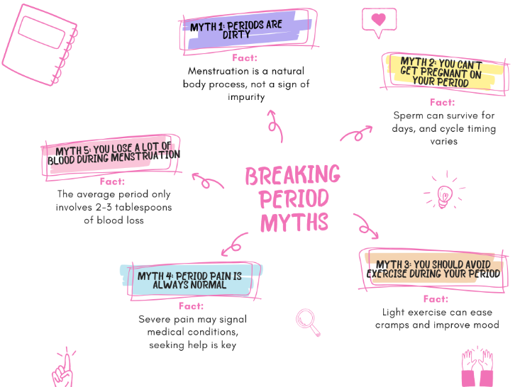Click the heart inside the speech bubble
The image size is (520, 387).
pos(379,19)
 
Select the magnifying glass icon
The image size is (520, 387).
pos(308,322)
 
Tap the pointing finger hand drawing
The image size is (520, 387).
pos(62,368)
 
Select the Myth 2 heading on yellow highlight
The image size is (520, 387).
pos(441,72)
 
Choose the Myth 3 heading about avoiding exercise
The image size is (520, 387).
pos(433,269)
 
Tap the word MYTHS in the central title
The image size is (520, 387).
pos(294,223)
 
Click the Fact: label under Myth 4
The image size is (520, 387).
pos(191,306)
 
